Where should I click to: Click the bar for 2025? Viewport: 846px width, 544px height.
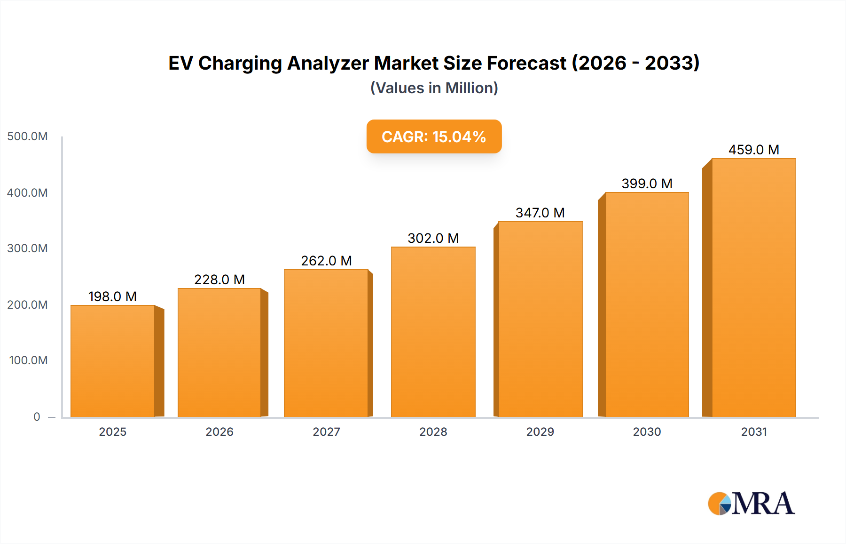pyautogui.click(x=113, y=361)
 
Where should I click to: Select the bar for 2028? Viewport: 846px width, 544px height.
pyautogui.click(x=433, y=332)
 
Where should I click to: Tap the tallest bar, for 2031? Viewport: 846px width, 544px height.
pyautogui.click(x=753, y=288)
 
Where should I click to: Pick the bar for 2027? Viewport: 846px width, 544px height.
pyautogui.click(x=326, y=343)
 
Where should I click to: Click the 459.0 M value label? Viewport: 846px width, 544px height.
pyautogui.click(x=753, y=150)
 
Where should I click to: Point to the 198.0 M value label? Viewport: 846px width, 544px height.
pyautogui.click(x=112, y=296)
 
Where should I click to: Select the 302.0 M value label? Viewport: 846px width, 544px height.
pyautogui.click(x=433, y=238)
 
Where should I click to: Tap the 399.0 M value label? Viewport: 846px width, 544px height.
pyautogui.click(x=647, y=184)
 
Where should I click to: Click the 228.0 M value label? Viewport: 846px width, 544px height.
pyautogui.click(x=219, y=280)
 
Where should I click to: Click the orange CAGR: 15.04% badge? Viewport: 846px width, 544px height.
pyautogui.click(x=434, y=136)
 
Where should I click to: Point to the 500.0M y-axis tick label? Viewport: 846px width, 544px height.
pyautogui.click(x=27, y=136)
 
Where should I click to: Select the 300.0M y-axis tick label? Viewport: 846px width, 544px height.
pyautogui.click(x=27, y=248)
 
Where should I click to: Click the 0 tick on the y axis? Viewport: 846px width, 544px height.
pyautogui.click(x=37, y=416)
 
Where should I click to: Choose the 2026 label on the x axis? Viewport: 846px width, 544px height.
pyautogui.click(x=219, y=432)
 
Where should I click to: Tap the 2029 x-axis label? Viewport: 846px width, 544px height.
pyautogui.click(x=540, y=432)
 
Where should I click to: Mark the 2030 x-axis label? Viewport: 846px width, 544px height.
pyautogui.click(x=647, y=432)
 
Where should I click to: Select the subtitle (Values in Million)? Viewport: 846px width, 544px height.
pyautogui.click(x=434, y=88)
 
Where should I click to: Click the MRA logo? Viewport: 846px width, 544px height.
pyautogui.click(x=751, y=504)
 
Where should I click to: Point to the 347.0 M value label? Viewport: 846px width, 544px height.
pyautogui.click(x=540, y=213)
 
